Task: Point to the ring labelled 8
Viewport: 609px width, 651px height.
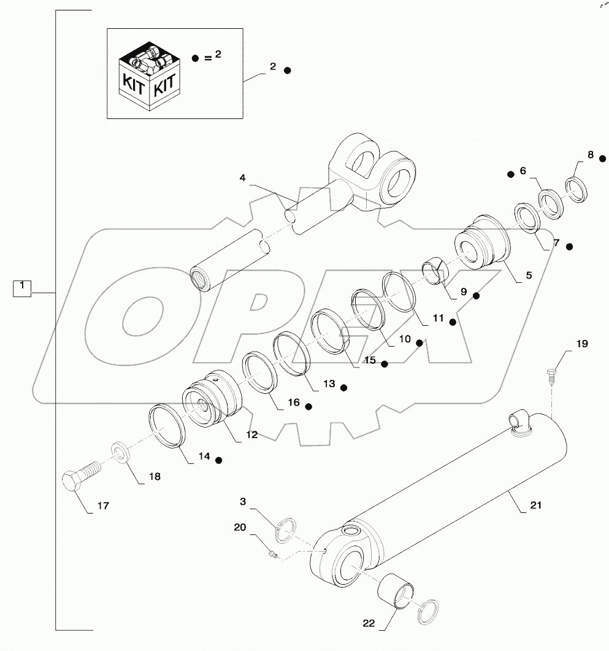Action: point(577,189)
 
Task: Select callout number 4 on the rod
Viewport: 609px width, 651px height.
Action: point(243,179)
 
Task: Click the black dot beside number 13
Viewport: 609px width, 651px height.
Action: point(344,388)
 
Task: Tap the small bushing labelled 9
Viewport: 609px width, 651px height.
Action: point(435,272)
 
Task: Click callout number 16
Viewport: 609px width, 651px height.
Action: point(293,403)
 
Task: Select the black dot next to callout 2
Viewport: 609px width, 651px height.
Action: point(287,71)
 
